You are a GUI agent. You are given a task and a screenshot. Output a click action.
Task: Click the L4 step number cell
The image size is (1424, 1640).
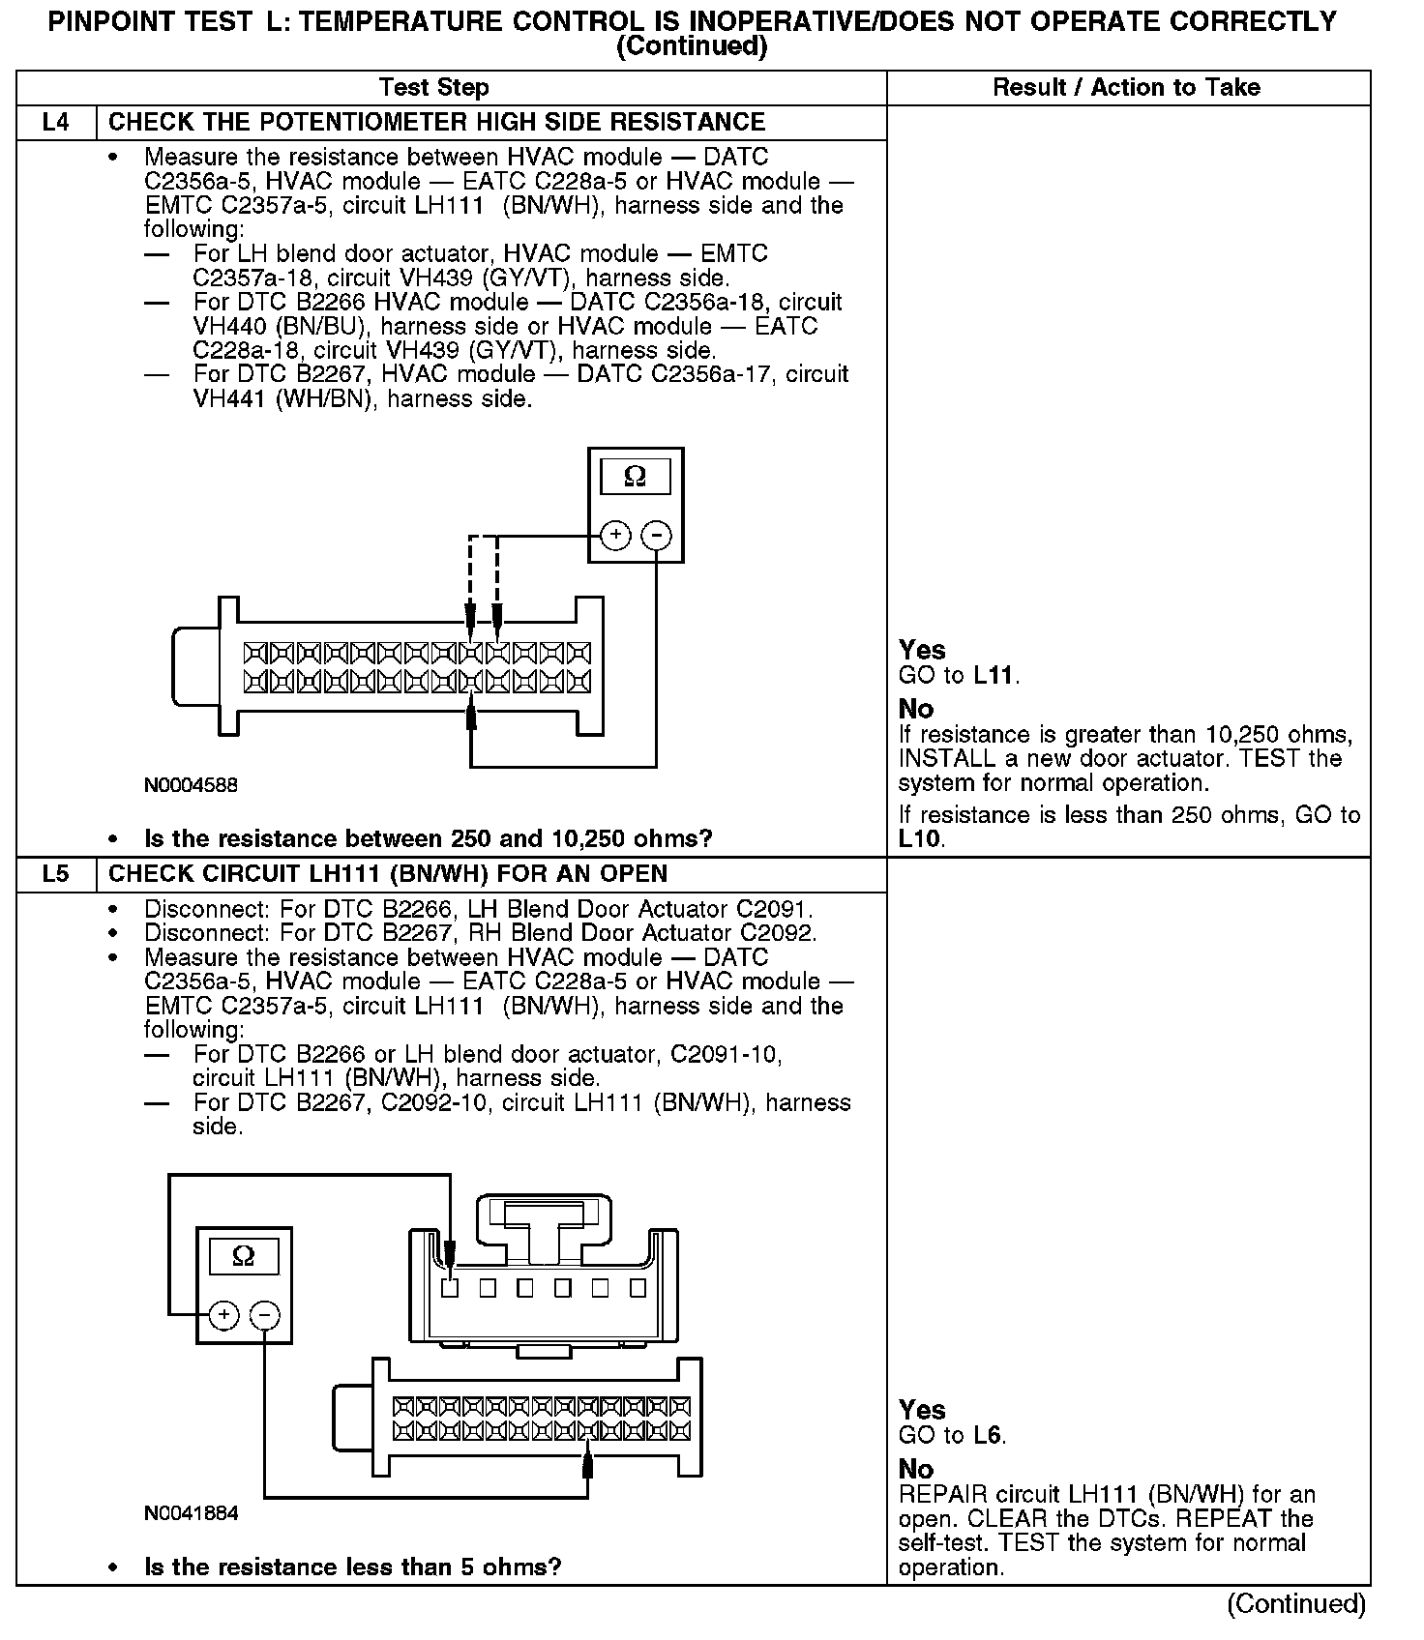[x=56, y=123]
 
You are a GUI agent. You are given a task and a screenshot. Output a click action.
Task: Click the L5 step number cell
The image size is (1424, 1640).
[x=56, y=874]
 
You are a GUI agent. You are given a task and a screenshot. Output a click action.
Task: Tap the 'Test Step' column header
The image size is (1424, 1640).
[x=434, y=88]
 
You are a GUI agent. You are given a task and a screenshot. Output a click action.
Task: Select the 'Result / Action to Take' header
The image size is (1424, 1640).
[x=1127, y=88]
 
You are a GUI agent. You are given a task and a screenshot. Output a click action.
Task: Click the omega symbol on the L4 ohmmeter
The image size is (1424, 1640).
[x=636, y=477]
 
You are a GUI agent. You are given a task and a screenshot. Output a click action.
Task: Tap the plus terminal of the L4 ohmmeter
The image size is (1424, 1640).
[x=615, y=535]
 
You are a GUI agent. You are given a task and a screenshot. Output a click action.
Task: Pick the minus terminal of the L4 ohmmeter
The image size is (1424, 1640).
[x=657, y=535]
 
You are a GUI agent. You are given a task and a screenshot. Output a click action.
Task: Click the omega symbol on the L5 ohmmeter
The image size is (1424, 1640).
[x=244, y=1257]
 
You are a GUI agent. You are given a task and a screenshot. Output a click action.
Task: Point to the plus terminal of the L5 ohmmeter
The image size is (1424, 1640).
[x=223, y=1315]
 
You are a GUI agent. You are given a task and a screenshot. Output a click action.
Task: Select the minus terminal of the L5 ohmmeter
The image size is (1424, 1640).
[x=265, y=1315]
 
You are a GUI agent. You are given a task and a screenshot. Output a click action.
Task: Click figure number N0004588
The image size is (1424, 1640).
[x=191, y=785]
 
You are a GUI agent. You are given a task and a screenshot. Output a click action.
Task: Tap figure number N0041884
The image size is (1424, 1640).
[x=191, y=1513]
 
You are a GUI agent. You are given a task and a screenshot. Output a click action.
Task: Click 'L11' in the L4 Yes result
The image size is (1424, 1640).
[x=994, y=676]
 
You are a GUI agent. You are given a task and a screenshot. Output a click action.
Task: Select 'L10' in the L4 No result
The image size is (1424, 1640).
[x=919, y=839]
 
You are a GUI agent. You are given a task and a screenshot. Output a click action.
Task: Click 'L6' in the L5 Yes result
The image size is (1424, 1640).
[x=988, y=1436]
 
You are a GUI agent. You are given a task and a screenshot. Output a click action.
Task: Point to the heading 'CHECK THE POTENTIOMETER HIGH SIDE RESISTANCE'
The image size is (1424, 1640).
[x=436, y=123]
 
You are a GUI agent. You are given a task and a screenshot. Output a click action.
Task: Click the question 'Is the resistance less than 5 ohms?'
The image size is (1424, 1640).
[x=352, y=1567]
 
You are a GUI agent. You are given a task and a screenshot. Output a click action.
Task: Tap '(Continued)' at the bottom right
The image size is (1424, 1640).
[x=1296, y=1604]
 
